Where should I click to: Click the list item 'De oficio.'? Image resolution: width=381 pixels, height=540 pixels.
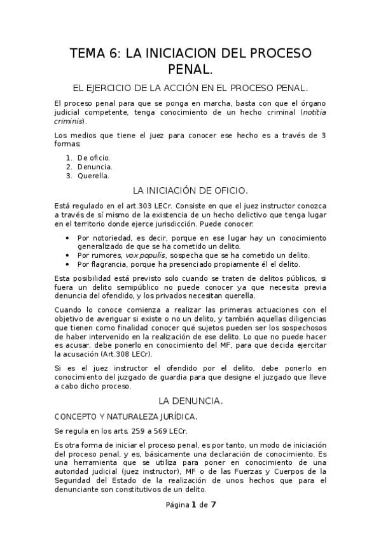click(x=94, y=157)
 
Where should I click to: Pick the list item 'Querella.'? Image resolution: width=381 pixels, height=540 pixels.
click(x=94, y=176)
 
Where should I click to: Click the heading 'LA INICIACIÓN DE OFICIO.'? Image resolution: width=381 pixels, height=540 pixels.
click(x=190, y=190)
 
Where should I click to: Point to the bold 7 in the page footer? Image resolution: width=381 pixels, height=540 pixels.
click(x=213, y=505)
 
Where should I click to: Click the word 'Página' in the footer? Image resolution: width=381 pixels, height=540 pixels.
click(x=177, y=506)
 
